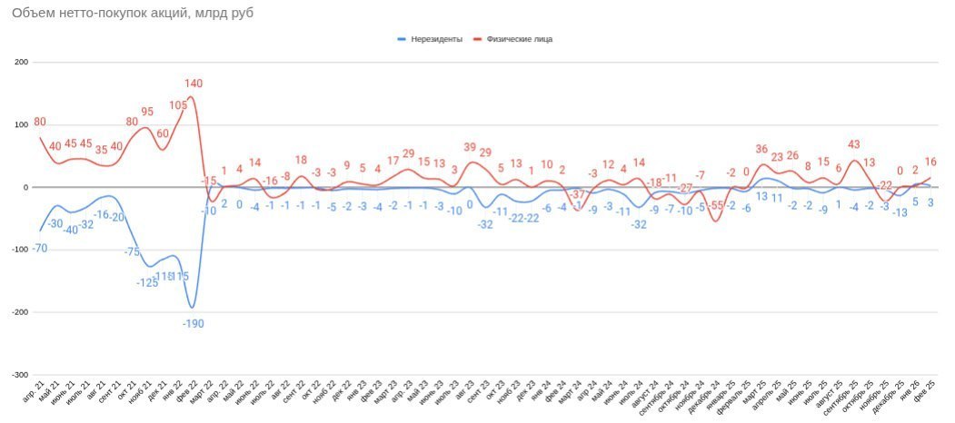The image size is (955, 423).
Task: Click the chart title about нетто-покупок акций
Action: (x=126, y=14)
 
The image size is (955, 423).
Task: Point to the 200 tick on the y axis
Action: (x=21, y=63)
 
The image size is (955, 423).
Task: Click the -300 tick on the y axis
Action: (x=19, y=375)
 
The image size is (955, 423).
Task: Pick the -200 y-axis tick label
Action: (x=19, y=312)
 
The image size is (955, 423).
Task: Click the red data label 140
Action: (x=193, y=84)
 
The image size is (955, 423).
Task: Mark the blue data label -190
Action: (x=193, y=323)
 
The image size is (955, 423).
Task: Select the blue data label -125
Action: (x=147, y=282)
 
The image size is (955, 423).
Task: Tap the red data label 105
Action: (x=178, y=104)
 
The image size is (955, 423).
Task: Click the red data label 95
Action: (x=147, y=112)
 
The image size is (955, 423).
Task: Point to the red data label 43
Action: (x=853, y=144)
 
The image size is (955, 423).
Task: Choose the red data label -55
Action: (x=716, y=205)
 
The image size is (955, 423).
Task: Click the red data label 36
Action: (x=761, y=149)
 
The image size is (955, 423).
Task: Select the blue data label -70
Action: (x=40, y=247)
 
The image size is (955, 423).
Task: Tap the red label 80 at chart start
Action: (x=40, y=122)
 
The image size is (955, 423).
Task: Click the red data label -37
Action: (x=579, y=194)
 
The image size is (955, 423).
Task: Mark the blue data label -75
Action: (x=132, y=251)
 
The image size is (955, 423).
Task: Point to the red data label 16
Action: (x=930, y=162)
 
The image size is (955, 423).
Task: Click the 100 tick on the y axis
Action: (x=21, y=125)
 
